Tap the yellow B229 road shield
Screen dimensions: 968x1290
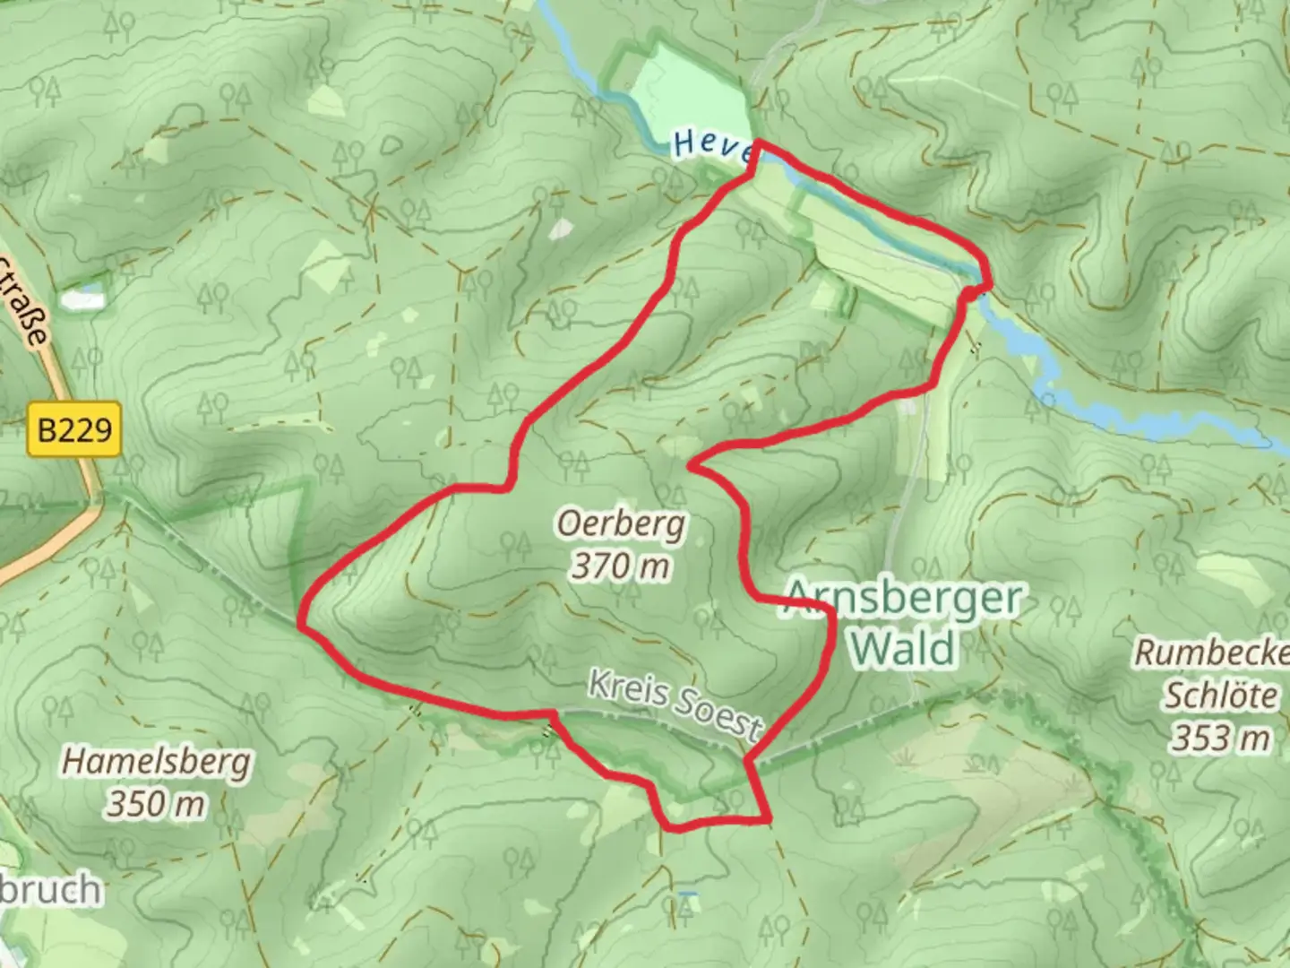[74, 430]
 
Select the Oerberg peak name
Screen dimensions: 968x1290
[621, 523]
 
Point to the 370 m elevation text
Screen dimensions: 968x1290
[621, 566]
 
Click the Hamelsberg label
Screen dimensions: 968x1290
[156, 763]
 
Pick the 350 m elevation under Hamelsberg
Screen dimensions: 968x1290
[156, 804]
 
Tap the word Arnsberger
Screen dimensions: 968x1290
[902, 598]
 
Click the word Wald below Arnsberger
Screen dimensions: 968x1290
[903, 647]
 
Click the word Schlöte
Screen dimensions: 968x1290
[1219, 696]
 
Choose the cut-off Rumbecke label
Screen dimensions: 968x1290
[1211, 653]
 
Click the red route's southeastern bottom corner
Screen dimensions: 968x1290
[768, 818]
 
